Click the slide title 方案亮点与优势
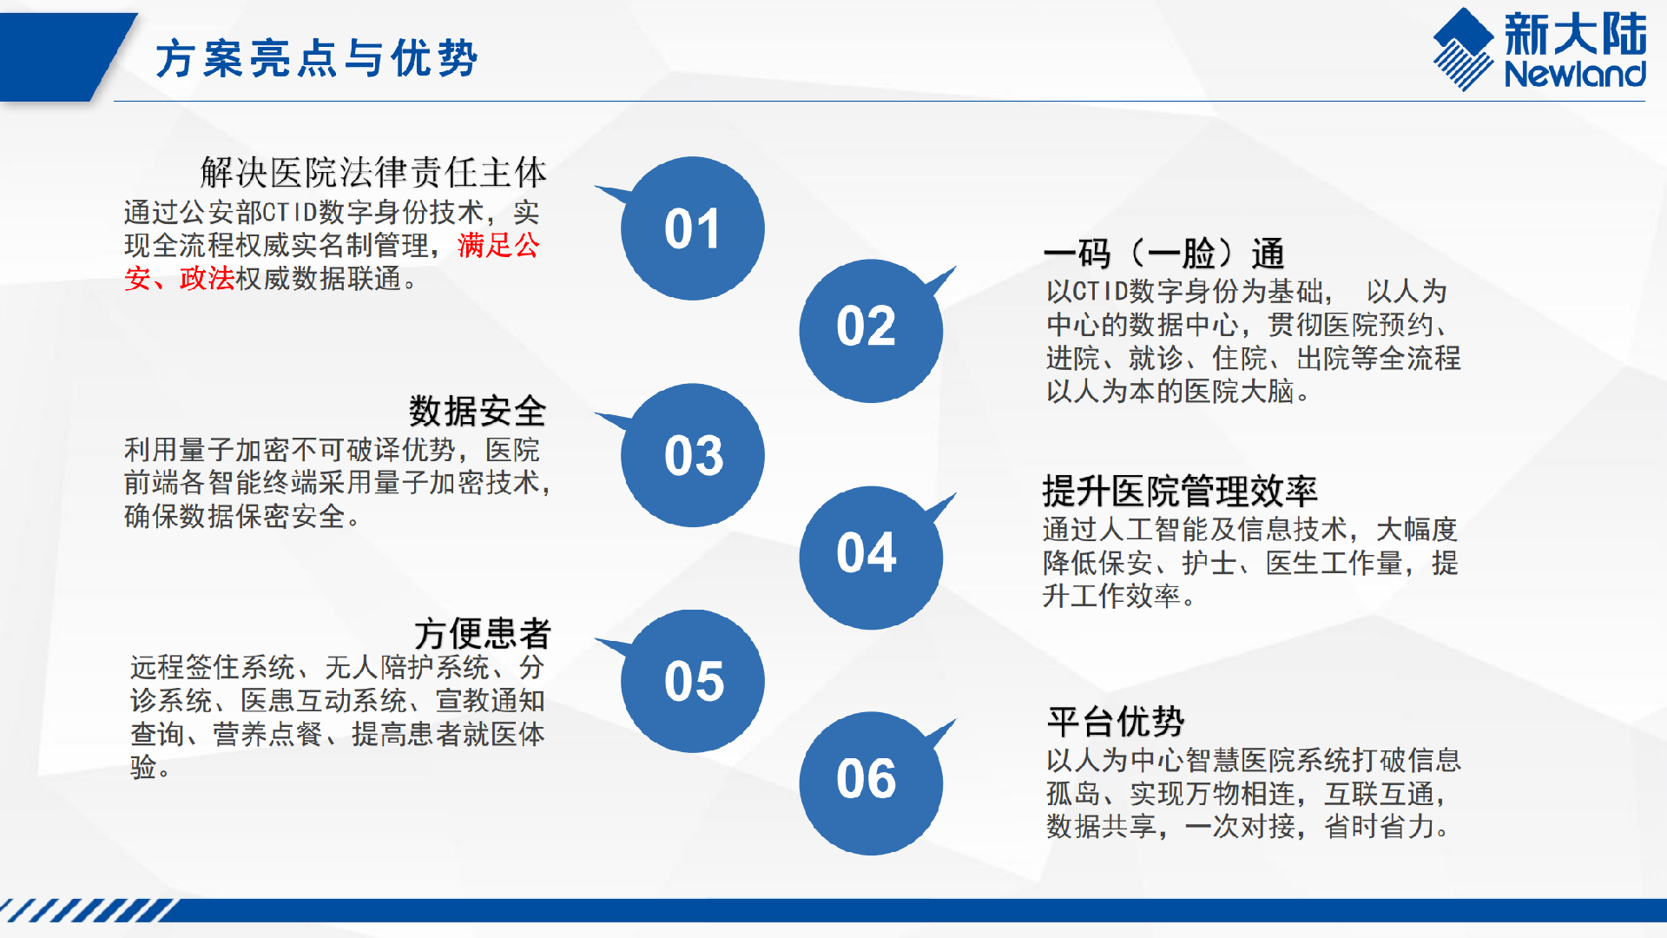[x=317, y=59]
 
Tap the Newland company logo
[x=1539, y=50]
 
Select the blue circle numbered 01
[x=692, y=228]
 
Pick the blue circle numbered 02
[x=871, y=331]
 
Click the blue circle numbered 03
[x=692, y=455]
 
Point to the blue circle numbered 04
[x=871, y=558]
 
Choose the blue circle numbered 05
[x=692, y=681]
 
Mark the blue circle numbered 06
[x=871, y=783]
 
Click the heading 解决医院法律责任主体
[x=373, y=172]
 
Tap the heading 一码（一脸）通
[x=1164, y=254]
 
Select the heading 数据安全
[x=478, y=411]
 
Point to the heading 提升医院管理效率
[x=1180, y=492]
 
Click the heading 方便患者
[x=482, y=633]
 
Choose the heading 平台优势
[x=1116, y=721]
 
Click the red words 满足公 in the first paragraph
[x=498, y=246]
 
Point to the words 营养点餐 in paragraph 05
[x=268, y=735]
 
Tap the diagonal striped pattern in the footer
[x=87, y=910]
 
